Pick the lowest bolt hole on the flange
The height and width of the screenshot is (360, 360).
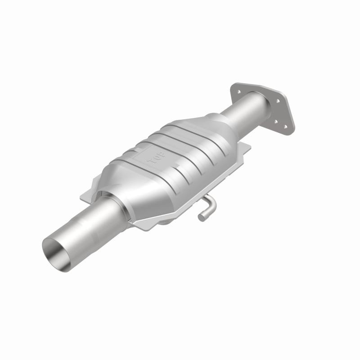[285, 127]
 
